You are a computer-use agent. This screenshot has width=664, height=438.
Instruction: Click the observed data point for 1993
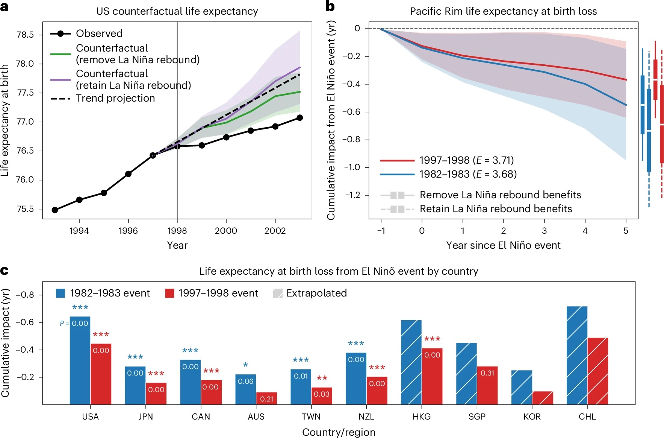[55, 210]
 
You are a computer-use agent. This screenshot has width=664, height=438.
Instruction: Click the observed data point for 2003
[299, 118]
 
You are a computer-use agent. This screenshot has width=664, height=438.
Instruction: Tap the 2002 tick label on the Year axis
[275, 231]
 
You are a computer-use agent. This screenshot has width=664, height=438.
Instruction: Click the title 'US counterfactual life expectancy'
[177, 11]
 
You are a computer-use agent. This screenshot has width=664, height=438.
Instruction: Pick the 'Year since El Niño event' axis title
[503, 245]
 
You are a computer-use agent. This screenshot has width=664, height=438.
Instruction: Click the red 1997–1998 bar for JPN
[156, 394]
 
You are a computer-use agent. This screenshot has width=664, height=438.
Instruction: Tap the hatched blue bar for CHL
[577, 355]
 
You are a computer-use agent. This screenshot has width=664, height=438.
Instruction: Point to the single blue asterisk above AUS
[245, 365]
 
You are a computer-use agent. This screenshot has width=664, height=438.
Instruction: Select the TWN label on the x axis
[311, 417]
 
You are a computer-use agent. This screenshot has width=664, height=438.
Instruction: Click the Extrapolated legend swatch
[278, 293]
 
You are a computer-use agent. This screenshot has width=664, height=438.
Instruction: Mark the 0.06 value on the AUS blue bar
[245, 381]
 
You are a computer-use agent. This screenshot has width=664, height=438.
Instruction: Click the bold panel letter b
[330, 6]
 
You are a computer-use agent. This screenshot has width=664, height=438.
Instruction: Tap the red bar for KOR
[543, 398]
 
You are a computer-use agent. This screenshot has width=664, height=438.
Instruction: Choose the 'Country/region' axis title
[339, 432]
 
